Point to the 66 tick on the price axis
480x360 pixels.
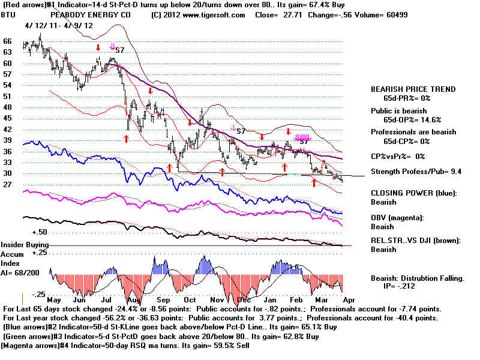[x=8, y=41]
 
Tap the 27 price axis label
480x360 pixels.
[x=8, y=184]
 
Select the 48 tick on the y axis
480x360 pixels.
[x=8, y=107]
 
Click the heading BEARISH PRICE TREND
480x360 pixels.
[x=413, y=89]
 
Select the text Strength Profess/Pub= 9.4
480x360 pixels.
[x=419, y=172]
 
